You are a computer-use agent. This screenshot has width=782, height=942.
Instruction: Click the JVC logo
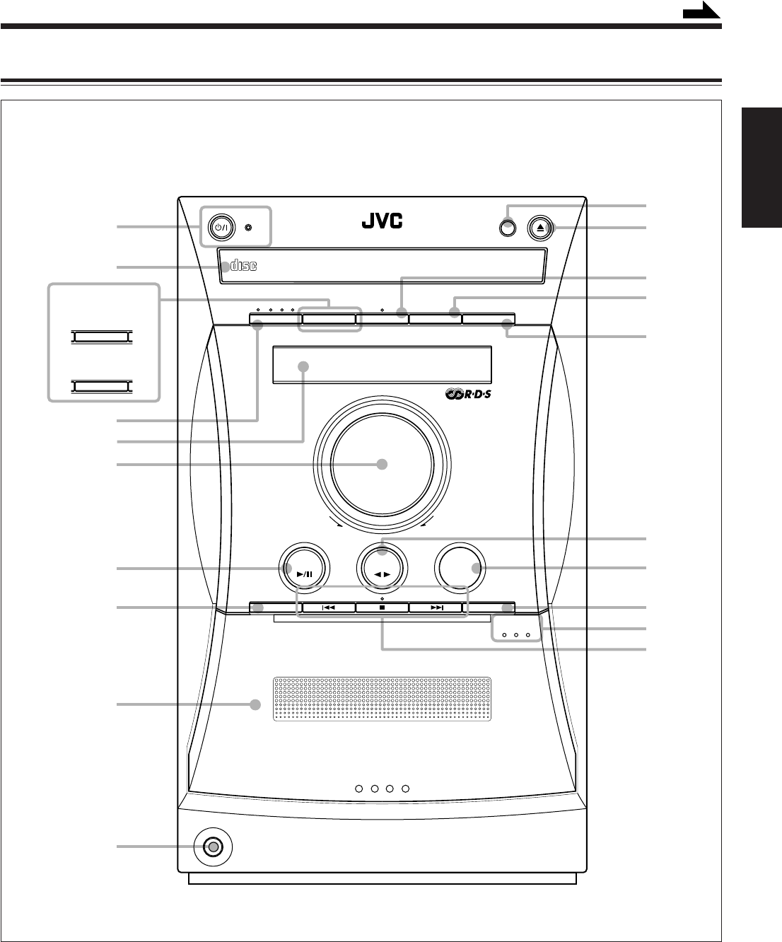click(383, 222)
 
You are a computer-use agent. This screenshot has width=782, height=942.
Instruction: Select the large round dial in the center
click(382, 465)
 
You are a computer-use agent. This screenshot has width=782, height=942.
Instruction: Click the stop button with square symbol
click(382, 607)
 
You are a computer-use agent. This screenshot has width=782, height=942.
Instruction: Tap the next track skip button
click(436, 607)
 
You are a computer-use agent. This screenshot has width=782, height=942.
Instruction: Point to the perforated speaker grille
click(382, 699)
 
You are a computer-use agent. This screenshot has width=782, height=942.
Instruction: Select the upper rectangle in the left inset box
click(100, 337)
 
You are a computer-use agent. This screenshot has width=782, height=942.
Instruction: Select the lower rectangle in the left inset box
click(100, 385)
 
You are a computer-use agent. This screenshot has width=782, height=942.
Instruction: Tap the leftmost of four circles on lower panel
click(359, 789)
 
